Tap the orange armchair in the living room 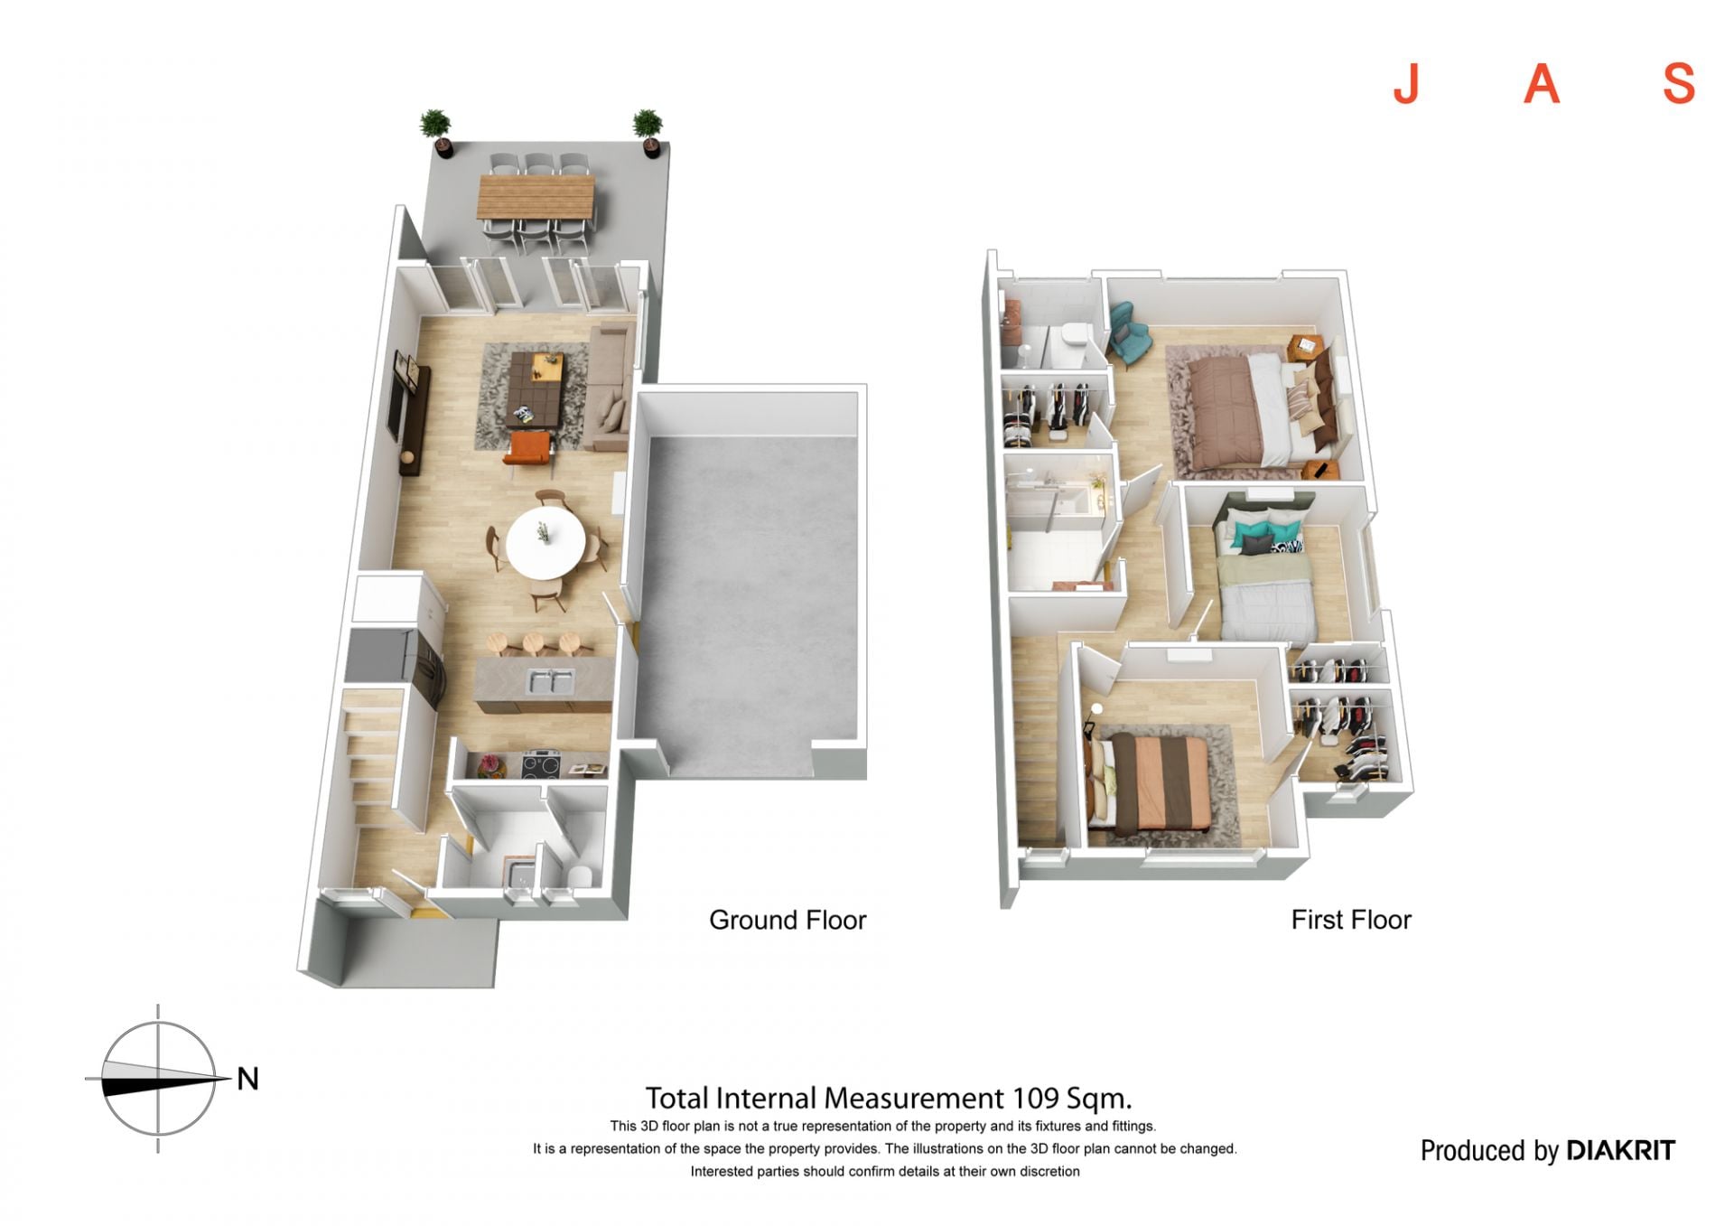527,449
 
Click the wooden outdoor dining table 536,196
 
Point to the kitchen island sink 550,681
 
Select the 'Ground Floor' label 788,920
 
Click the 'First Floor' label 1350,920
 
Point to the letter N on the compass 247,1078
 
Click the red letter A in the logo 1542,84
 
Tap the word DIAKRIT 1620,1150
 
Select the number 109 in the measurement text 1035,1099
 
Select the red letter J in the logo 1406,84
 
